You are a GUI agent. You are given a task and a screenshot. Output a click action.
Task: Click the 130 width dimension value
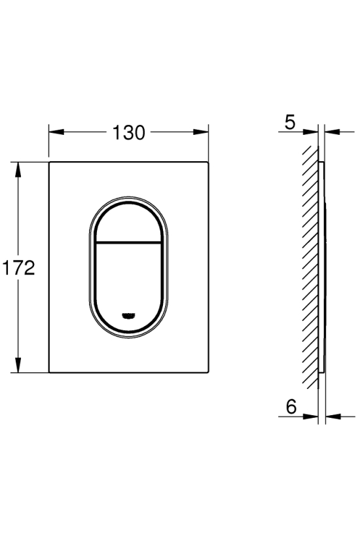[x=129, y=132]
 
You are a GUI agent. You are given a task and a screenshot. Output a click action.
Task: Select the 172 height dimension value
[x=18, y=267]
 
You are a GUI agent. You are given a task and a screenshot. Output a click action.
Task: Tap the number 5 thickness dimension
[x=289, y=122]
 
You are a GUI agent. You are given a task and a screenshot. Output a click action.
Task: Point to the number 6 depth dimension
[x=291, y=407]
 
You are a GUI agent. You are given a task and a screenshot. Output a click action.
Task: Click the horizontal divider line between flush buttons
[x=129, y=243]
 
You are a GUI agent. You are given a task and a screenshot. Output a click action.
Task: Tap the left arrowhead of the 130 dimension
[x=56, y=132]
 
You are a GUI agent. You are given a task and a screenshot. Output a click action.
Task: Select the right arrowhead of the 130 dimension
[x=201, y=132]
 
